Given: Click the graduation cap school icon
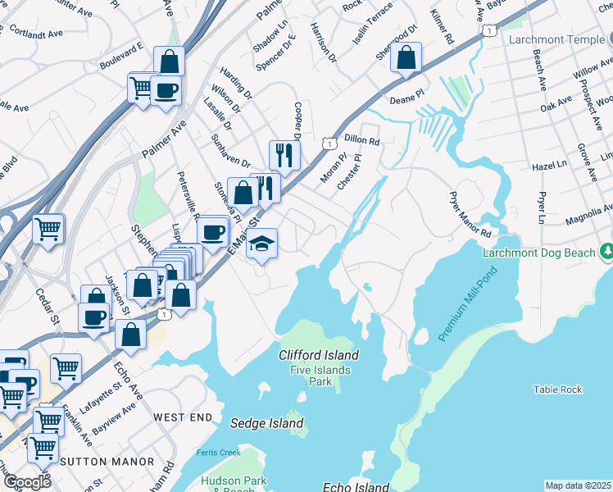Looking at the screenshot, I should [262, 244].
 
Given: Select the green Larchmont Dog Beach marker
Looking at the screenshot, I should [606, 250].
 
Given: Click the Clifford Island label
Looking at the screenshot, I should [319, 355].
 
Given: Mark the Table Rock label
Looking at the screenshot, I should [557, 389].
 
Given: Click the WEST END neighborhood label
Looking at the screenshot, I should [182, 417].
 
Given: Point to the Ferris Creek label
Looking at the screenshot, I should [217, 453].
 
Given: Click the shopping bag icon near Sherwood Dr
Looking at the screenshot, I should [406, 58].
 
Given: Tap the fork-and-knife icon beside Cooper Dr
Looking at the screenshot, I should [284, 153].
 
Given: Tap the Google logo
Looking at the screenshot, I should [27, 482].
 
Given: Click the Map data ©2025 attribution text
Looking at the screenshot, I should [579, 485].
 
